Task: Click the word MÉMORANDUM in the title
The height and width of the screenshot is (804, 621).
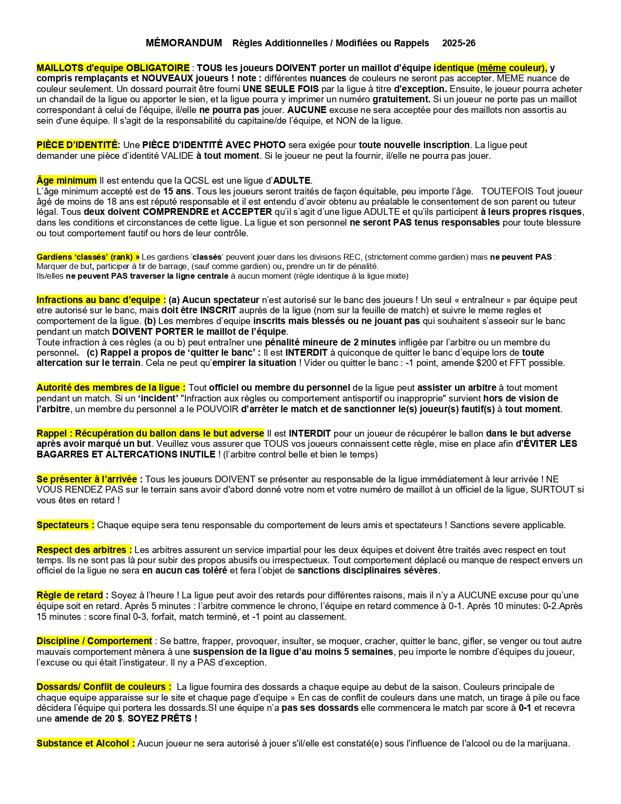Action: point(184,43)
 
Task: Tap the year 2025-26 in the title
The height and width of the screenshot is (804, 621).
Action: point(458,43)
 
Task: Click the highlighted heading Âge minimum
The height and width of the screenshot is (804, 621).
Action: point(67,181)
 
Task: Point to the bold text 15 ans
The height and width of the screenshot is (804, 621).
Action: point(177,191)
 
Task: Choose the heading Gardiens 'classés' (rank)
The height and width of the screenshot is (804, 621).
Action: point(88,257)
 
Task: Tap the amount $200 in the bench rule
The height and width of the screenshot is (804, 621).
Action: point(485,363)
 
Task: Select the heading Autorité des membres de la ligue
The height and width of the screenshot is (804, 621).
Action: point(111,387)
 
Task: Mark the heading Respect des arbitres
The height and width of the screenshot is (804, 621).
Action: point(84,550)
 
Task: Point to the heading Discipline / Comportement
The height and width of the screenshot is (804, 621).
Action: point(94,641)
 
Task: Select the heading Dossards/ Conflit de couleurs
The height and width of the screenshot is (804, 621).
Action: point(104,687)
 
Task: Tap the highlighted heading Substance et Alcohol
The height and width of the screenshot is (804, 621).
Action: point(86,743)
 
